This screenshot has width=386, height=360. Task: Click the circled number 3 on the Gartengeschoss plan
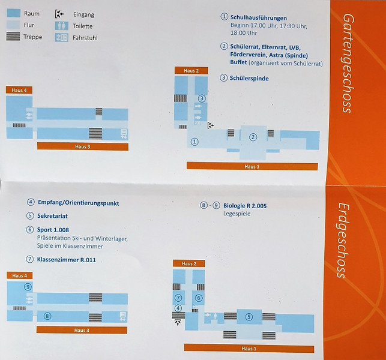coord(202,98)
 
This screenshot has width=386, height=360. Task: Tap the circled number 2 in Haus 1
coord(253,137)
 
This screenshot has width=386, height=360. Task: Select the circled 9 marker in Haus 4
coord(28,287)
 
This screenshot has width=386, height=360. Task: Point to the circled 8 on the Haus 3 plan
coord(47,316)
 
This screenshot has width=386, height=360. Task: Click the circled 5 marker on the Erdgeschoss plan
coord(249,317)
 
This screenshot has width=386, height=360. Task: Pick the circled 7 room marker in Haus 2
coord(178,298)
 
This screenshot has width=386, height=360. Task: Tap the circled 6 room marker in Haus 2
coord(199,298)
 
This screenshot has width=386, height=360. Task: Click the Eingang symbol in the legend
coord(59,14)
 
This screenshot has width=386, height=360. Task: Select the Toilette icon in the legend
coord(62,26)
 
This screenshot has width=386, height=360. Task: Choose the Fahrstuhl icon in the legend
coord(62,37)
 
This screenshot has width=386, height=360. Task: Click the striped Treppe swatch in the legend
coord(13,37)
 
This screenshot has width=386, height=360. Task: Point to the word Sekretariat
coord(52,216)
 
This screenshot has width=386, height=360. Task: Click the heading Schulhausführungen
coord(259,18)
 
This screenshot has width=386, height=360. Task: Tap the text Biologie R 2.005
coord(245,206)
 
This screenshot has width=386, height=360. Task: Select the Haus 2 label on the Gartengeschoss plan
coord(191,71)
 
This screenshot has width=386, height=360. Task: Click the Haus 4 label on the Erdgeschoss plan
coord(19,275)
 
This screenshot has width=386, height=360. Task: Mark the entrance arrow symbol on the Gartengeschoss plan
coord(211,125)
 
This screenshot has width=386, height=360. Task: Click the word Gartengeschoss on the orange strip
coord(348,63)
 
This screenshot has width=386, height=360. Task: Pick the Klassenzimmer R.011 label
coord(67,260)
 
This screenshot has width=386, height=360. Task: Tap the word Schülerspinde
coord(249,79)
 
